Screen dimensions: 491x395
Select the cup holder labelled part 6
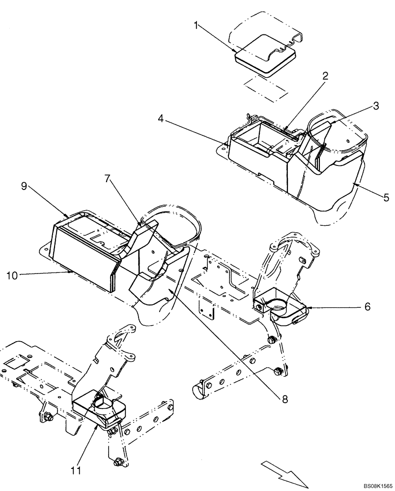[x=280, y=309]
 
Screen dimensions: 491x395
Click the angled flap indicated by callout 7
[x=143, y=237]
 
